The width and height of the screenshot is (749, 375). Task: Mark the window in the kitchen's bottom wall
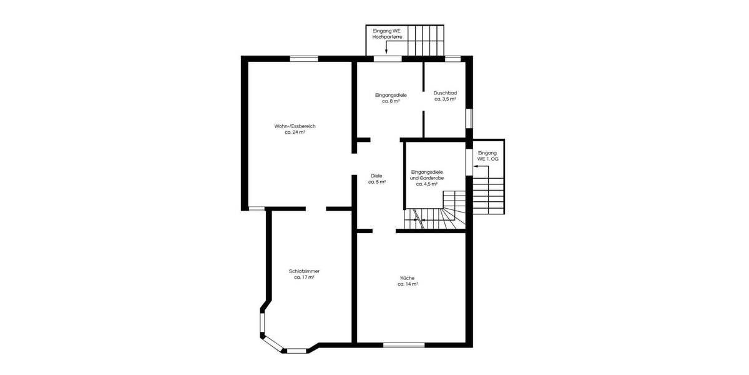click(x=404, y=344)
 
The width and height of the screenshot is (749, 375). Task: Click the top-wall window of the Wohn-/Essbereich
click(x=304, y=59)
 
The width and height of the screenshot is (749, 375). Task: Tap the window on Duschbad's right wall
click(x=469, y=117)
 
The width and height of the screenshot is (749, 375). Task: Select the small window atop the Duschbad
click(x=453, y=59)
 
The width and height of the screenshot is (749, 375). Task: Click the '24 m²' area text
click(x=295, y=132)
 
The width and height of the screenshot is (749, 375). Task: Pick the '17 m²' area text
click(x=304, y=277)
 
